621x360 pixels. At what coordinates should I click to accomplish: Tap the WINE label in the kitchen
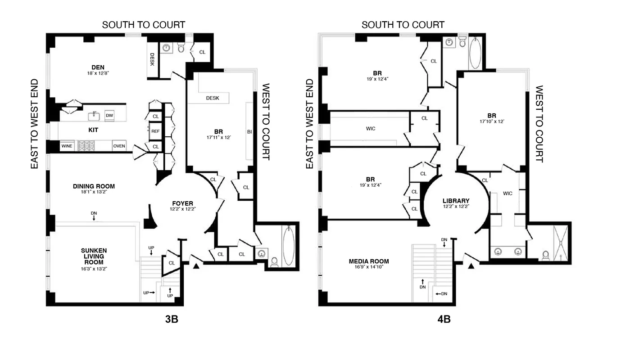coord(67,146)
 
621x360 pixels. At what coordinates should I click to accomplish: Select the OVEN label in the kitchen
coord(119,146)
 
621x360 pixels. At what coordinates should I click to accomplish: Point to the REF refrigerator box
coord(155,131)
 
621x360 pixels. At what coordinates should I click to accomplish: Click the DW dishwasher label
coord(109,116)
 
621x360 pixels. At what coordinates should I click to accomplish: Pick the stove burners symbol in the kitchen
coord(86,146)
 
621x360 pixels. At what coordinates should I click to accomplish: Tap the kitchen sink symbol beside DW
coord(94,116)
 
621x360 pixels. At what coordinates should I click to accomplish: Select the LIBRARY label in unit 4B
coord(456,201)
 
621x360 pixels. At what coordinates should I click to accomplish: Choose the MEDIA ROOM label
coord(368,261)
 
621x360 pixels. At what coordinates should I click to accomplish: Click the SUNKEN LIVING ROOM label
coord(94,256)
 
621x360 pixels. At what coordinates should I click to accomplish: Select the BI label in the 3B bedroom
coord(249,132)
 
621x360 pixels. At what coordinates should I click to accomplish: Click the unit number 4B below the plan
coord(444,319)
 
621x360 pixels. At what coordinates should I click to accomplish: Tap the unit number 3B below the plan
coord(171,319)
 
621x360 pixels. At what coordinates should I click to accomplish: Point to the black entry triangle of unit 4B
coord(471,266)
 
